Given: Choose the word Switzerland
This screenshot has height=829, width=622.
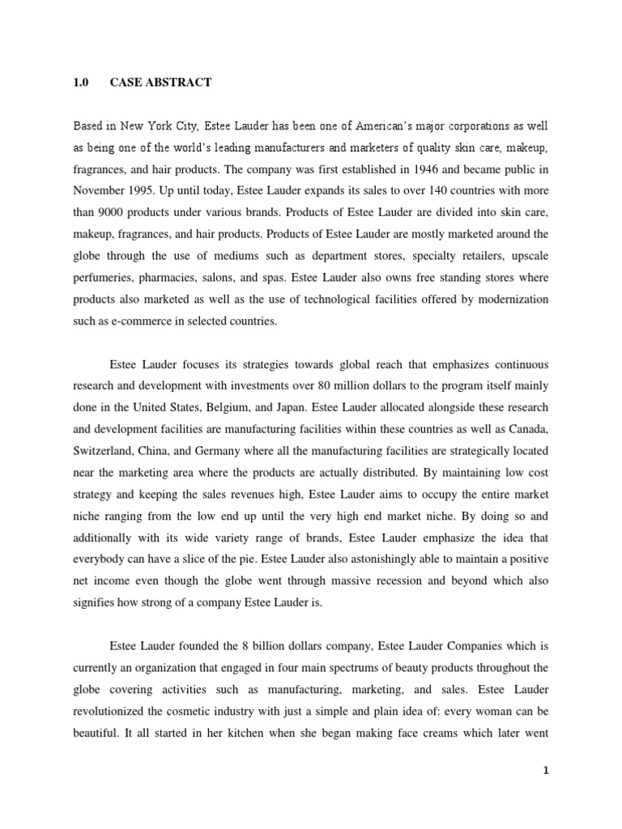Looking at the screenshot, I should coord(105,449).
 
